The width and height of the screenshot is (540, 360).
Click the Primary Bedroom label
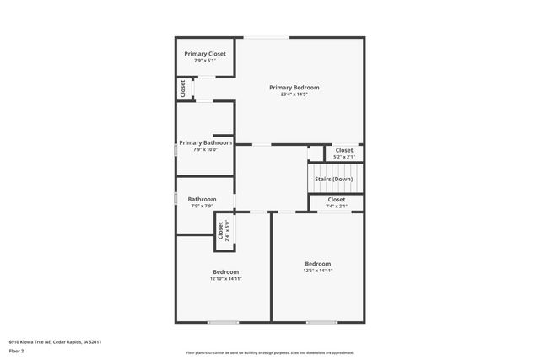294,88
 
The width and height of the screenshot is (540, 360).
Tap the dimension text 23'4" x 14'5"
294,94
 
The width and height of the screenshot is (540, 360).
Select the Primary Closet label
205,54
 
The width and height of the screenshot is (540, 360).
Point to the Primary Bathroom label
205,142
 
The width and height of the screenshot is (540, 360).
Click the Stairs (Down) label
334,179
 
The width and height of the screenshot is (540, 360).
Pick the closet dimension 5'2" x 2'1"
344,157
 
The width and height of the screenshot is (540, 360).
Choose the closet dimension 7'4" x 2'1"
337,206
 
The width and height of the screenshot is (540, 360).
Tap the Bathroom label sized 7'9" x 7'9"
202,200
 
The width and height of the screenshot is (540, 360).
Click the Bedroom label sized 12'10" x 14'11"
225,272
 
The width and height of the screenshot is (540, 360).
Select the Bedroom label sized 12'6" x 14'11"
318,264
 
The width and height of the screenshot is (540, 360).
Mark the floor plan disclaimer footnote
270,353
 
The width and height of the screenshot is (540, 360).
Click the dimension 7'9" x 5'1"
205,61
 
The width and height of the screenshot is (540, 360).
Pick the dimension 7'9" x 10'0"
205,149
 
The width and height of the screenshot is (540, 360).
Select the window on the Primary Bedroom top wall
267,37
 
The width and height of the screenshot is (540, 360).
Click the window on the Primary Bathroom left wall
175,149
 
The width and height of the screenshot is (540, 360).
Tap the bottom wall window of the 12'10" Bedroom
223,321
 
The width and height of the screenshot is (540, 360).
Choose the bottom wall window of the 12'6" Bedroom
321,321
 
